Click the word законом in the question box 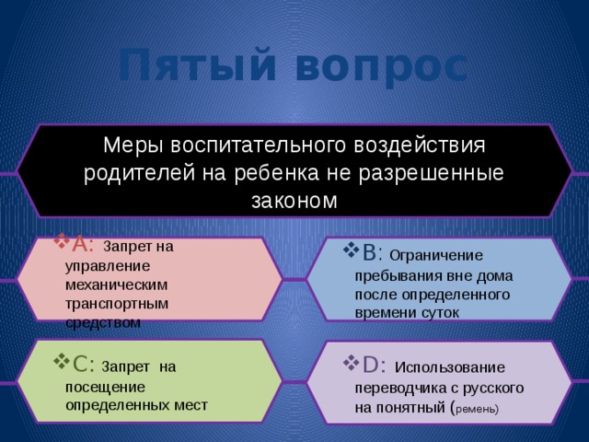point(294,199)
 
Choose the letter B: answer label point(373,252)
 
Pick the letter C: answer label point(78,363)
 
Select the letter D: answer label point(372,365)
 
